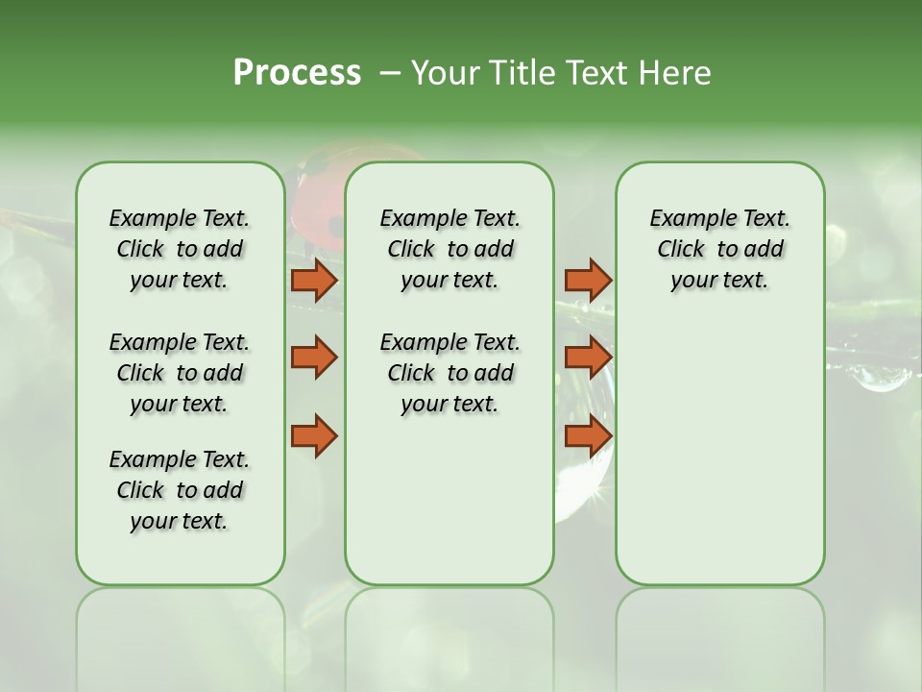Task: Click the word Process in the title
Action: coord(297,73)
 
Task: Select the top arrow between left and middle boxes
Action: coord(314,280)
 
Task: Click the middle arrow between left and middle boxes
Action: coord(314,358)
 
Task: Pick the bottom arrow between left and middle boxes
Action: coord(314,435)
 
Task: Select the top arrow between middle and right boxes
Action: coord(588,280)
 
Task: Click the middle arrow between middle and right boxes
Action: coord(588,358)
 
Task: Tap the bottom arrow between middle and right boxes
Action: coord(588,435)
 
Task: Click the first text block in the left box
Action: coord(180,249)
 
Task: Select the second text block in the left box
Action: coord(180,373)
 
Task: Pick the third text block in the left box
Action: coord(180,490)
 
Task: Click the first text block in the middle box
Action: coord(449,249)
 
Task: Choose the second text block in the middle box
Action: coord(449,373)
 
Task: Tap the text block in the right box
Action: coord(719,249)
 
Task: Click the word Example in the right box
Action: coord(685,219)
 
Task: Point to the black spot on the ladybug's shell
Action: coord(335,226)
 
